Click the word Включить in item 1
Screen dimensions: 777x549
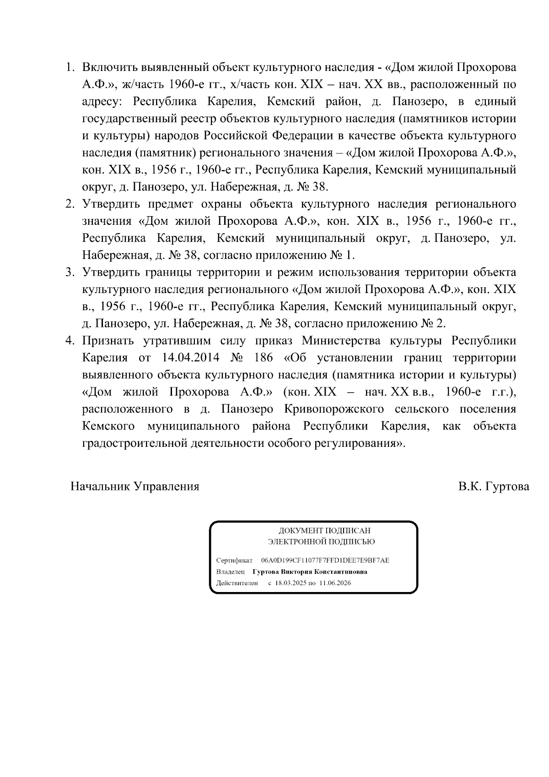pos(109,67)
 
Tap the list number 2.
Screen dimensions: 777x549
pos(70,204)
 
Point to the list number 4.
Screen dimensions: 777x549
pos(70,341)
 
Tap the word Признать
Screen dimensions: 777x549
pos(108,341)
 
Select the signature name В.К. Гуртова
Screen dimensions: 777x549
pos(494,486)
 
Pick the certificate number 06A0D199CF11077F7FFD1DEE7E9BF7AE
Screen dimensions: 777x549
pos(325,560)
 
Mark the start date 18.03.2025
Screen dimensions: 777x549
pos(290,583)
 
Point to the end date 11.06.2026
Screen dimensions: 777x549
pos(335,583)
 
